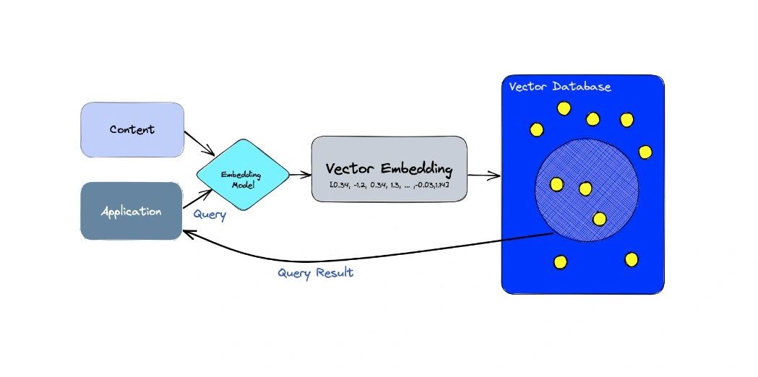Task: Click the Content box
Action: coord(132,130)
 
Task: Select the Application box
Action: coord(131,211)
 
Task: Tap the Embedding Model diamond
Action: coord(243,174)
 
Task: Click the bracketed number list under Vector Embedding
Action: coord(389,186)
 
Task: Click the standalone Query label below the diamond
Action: coord(210,214)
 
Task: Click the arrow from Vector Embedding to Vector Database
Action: coord(484,175)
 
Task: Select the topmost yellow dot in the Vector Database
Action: coord(564,108)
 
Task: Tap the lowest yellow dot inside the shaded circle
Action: coord(599,218)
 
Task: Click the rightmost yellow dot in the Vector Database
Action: coord(645,152)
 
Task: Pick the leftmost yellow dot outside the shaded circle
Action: coord(536,129)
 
